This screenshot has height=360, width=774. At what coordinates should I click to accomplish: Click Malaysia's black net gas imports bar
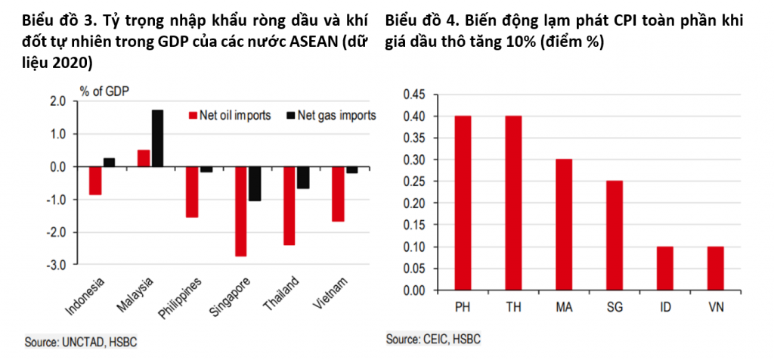(157, 138)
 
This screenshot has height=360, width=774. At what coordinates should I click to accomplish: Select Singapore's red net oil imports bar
(240, 211)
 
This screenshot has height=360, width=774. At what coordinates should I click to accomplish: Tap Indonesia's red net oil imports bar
(95, 181)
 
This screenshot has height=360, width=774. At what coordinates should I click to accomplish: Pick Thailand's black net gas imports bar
(303, 178)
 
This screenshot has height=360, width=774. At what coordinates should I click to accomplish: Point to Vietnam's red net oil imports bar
(338, 194)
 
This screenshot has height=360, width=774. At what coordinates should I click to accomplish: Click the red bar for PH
(463, 203)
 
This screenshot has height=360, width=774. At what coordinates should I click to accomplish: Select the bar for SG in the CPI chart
(615, 235)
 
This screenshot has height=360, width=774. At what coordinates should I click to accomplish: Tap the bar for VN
(716, 268)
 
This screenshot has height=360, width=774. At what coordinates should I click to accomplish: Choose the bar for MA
(564, 225)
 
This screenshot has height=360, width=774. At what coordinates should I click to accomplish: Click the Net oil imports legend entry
(230, 116)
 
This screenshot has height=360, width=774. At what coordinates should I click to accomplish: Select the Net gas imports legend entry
(331, 116)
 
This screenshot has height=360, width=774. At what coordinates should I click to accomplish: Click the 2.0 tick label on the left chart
(63, 101)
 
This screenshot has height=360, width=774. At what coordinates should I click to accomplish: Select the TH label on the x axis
(513, 308)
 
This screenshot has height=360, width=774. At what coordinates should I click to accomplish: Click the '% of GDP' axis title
(102, 92)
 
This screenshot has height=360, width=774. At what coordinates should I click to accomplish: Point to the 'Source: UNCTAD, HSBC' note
(82, 342)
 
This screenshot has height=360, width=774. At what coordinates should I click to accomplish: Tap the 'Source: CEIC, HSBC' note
(433, 340)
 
